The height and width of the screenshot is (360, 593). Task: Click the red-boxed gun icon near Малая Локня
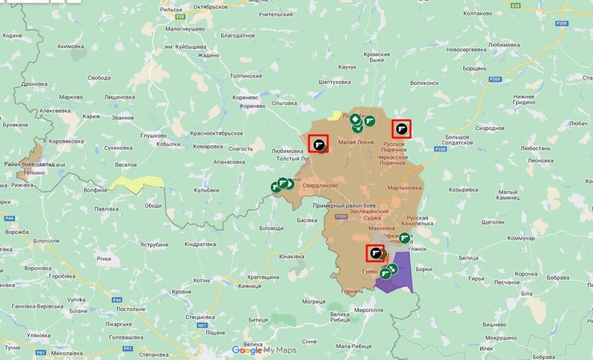coord(319,144)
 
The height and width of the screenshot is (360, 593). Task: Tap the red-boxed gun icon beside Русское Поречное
coord(401,129)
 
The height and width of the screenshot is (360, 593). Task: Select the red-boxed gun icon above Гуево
coord(375,253)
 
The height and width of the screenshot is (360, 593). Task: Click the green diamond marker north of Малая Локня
coord(354,119)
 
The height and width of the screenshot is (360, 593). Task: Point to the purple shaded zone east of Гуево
coord(398,280)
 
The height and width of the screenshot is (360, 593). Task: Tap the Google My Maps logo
coord(264,350)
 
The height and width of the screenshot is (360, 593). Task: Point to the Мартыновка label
coord(404,188)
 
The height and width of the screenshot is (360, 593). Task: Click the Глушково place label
coord(155,136)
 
